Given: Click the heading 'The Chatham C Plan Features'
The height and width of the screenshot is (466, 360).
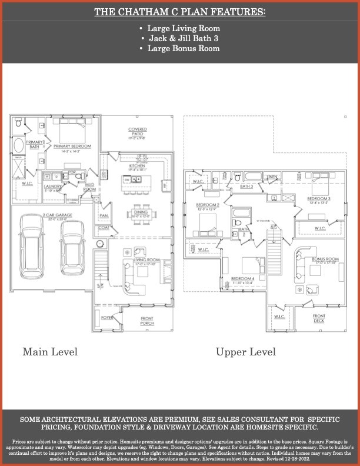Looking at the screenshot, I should [x=180, y=12].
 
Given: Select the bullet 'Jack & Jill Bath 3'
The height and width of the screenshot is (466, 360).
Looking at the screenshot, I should [x=180, y=38].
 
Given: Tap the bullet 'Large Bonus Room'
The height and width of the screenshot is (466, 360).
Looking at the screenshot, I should [x=180, y=48].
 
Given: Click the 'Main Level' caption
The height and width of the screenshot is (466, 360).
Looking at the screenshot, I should [x=50, y=352].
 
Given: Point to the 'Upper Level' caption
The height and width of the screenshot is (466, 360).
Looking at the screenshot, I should [x=245, y=352].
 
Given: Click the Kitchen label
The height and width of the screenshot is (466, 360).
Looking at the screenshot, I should [x=137, y=167].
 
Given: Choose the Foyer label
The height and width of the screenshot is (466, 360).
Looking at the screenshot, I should [x=106, y=318].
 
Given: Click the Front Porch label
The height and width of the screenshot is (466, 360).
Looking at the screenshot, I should [x=148, y=322].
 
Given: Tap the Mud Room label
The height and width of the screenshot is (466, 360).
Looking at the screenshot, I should [x=90, y=187].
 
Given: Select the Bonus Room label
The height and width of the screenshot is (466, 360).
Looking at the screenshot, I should [x=325, y=259].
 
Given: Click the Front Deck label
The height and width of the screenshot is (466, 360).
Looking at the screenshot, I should [x=319, y=318].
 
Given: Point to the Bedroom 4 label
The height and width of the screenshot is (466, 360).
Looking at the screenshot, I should [x=242, y=278].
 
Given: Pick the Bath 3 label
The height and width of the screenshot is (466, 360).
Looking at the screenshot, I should [x=246, y=186].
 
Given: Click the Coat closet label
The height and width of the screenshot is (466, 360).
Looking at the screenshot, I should [x=104, y=228].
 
